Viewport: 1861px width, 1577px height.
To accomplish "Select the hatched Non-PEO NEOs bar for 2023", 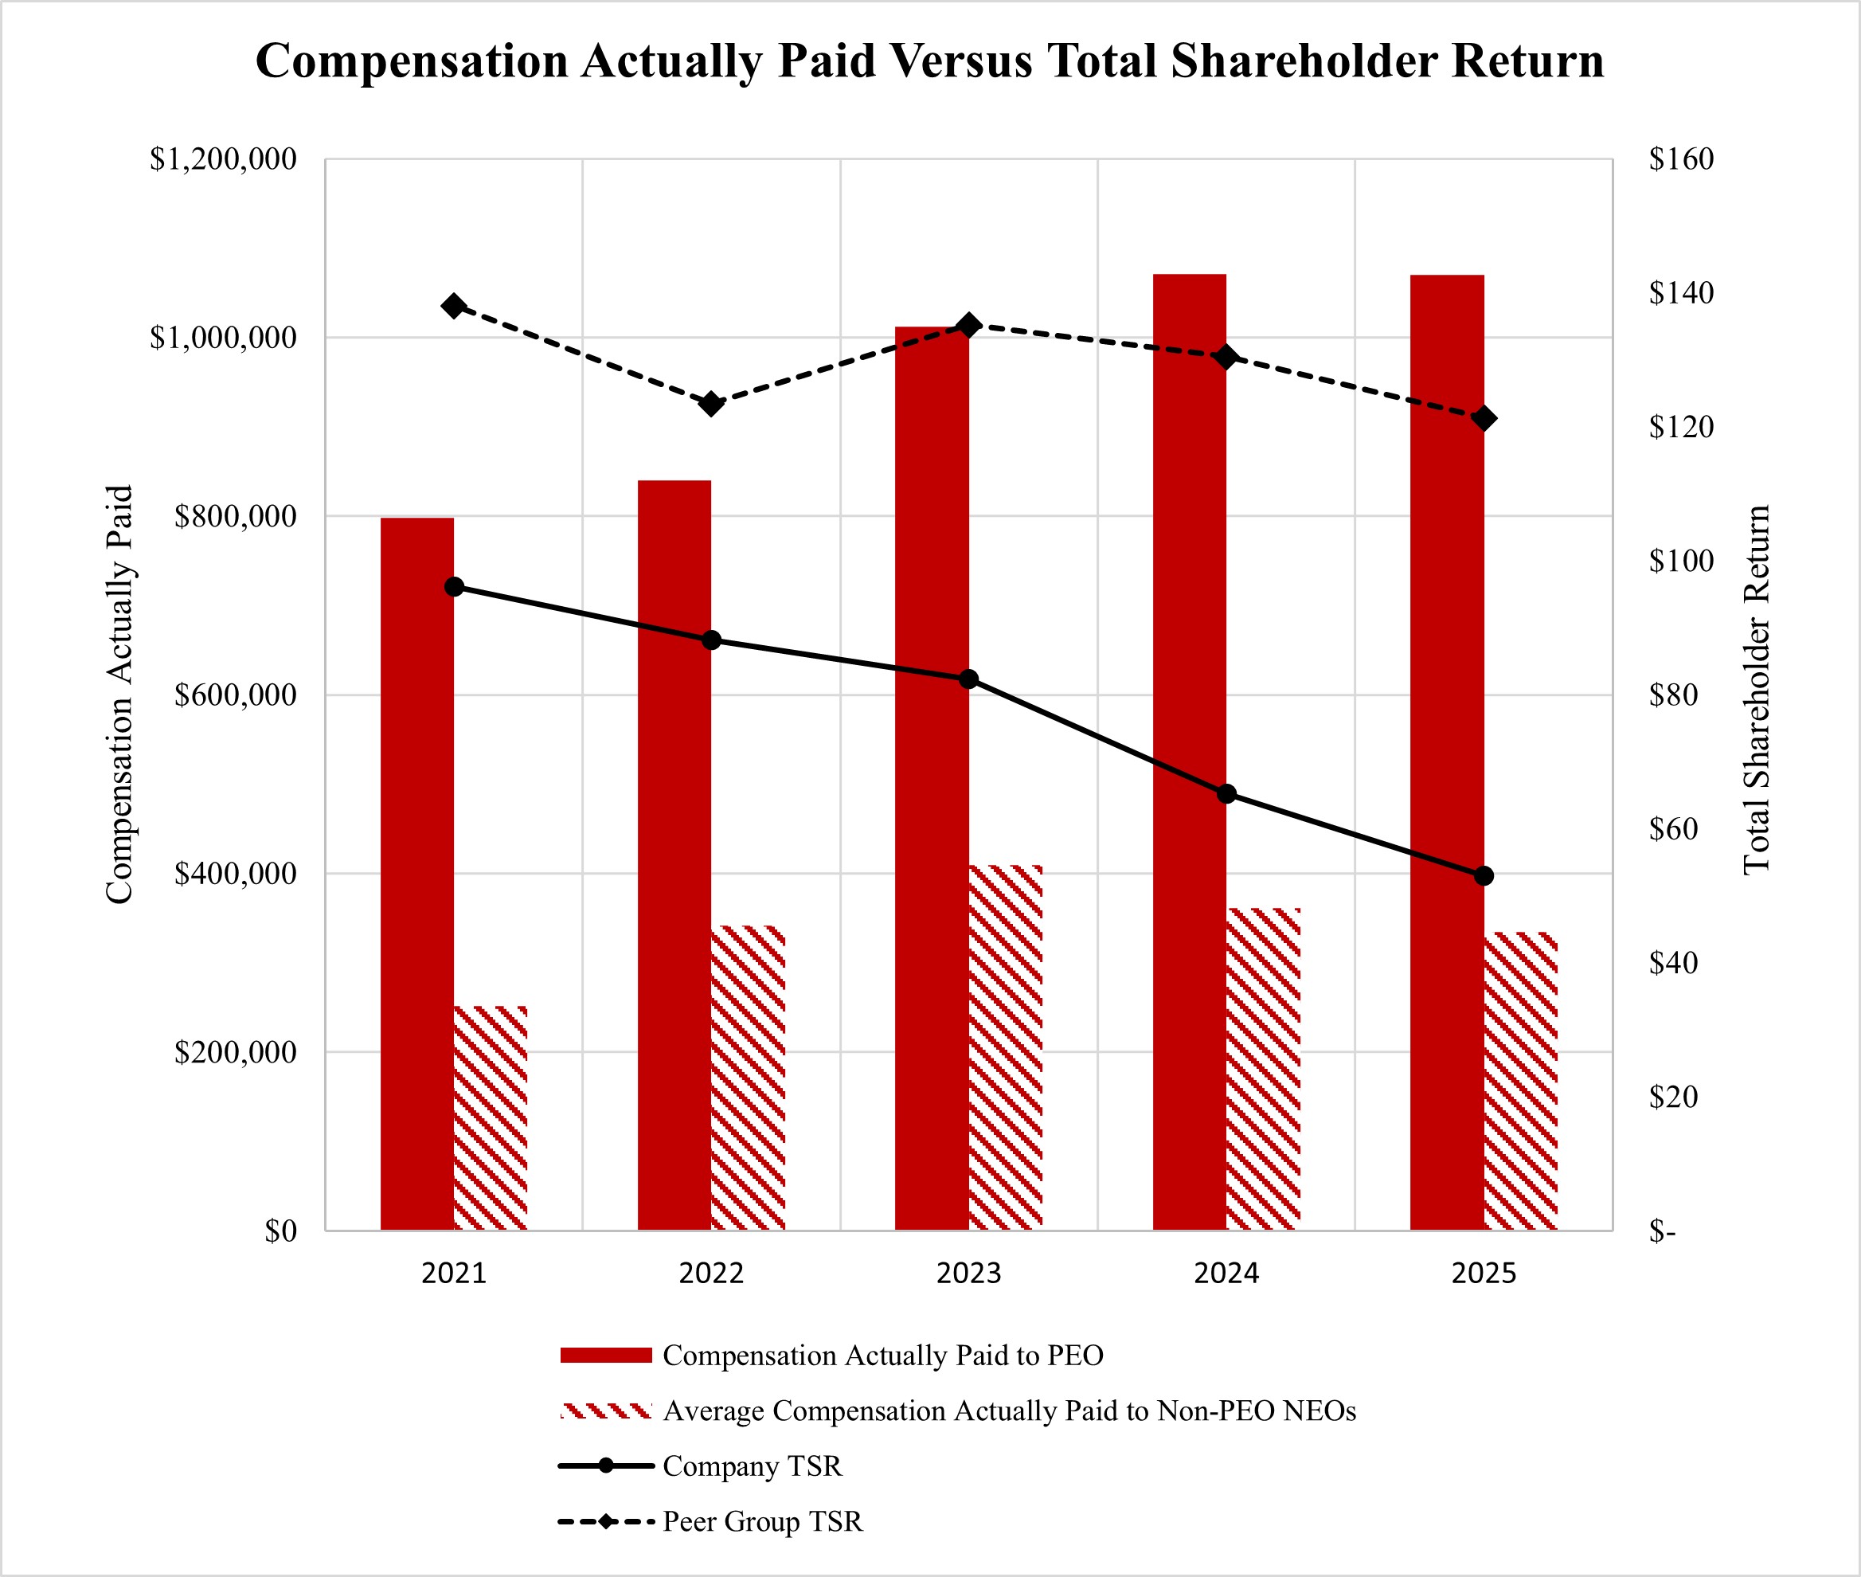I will coord(1006,1047).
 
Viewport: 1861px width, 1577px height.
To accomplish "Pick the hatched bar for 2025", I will coord(1520,1081).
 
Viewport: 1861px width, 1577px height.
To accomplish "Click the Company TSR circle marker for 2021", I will coord(454,586).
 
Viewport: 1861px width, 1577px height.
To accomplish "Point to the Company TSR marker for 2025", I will coord(1484,875).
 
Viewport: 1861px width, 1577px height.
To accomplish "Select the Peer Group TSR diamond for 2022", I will coord(711,404).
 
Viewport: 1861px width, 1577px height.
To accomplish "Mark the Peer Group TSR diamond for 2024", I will coord(1226,358).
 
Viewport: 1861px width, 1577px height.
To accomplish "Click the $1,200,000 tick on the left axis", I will coord(222,159).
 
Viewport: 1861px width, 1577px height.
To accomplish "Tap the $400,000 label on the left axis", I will coord(235,874).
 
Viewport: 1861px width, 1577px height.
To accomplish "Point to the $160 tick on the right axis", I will coord(1681,159).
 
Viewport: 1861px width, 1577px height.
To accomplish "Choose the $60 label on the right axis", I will coord(1673,829).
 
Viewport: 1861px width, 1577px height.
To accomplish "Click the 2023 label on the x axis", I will coord(968,1273).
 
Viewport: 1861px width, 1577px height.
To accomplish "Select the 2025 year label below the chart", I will coord(1484,1273).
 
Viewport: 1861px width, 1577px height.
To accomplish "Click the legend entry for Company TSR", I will coord(752,1466).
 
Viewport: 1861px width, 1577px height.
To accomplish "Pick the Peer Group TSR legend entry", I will coord(762,1521).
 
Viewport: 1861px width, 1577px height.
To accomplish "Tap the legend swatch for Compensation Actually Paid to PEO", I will coord(606,1356).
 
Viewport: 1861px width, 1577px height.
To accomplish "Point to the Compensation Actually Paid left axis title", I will coord(119,695).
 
